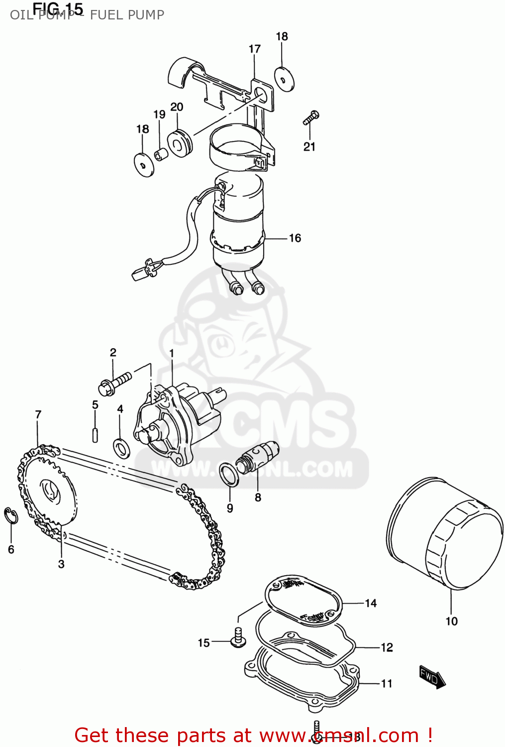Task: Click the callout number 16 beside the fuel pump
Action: [x=295, y=238]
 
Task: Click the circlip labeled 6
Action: [x=11, y=516]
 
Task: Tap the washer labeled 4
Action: [x=121, y=448]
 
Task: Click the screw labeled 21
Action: [x=310, y=118]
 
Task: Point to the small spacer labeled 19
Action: [x=160, y=154]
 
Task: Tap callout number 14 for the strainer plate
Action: [x=371, y=603]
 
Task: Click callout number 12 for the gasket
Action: [x=387, y=647]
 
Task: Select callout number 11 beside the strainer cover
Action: [x=387, y=684]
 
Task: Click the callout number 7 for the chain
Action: [x=38, y=414]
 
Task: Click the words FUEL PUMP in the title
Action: [x=127, y=15]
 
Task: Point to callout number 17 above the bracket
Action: [x=254, y=49]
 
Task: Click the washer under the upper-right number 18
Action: [x=284, y=79]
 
